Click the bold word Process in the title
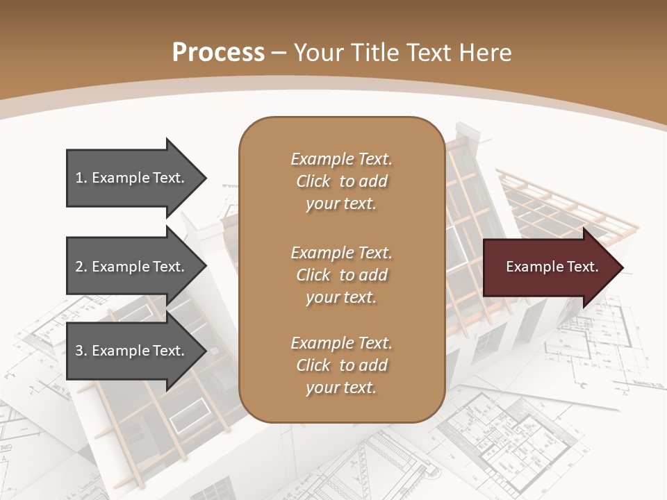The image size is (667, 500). pyautogui.click(x=218, y=52)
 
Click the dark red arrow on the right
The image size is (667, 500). pyautogui.click(x=549, y=267)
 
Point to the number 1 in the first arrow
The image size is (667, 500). pyautogui.click(x=79, y=178)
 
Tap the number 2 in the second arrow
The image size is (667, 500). pyautogui.click(x=79, y=267)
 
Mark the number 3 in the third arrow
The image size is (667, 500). pyautogui.click(x=79, y=351)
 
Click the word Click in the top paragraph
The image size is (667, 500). pyautogui.click(x=313, y=181)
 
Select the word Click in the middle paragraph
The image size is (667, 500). pyautogui.click(x=313, y=275)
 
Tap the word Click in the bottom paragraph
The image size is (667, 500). pyautogui.click(x=313, y=365)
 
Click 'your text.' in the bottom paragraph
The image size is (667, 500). pyautogui.click(x=341, y=387)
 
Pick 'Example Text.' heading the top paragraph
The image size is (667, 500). pyautogui.click(x=341, y=159)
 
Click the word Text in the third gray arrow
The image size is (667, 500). pyautogui.click(x=168, y=351)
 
